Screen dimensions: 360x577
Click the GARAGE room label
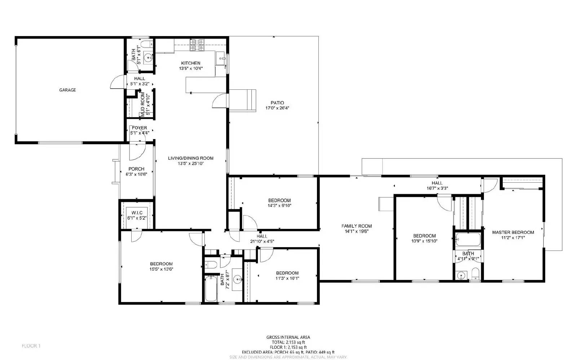[x=67, y=90]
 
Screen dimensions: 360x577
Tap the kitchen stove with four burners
[x=197, y=44]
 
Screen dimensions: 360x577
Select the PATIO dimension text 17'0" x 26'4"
[x=277, y=108]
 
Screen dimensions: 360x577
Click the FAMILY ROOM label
[x=356, y=226]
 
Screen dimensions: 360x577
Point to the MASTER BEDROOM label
[x=513, y=232]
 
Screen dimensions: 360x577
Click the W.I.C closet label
[x=137, y=213]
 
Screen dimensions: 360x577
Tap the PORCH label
[x=136, y=169]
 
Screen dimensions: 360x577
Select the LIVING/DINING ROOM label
[x=190, y=158]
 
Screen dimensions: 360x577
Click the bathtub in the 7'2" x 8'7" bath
[x=211, y=288]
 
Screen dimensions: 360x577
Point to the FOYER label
[x=139, y=128]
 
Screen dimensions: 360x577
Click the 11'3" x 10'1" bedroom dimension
[x=287, y=278]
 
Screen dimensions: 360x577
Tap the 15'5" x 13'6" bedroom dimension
[x=161, y=269]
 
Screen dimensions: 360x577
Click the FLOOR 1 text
[x=31, y=346]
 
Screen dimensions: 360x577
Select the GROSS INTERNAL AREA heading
[x=288, y=337]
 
